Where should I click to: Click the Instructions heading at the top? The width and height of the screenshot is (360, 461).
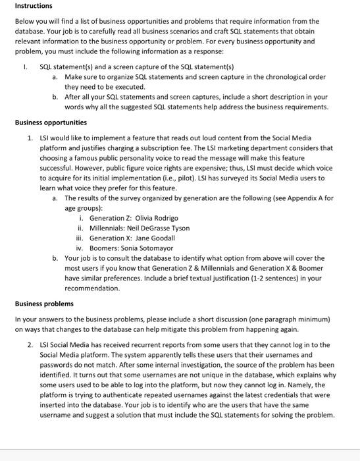pyautogui.click(x=34, y=6)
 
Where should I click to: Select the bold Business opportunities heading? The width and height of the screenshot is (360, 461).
pyautogui.click(x=51, y=122)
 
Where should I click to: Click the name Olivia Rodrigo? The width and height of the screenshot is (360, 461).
pyautogui.click(x=157, y=218)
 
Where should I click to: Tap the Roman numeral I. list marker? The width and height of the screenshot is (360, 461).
pyautogui.click(x=22, y=67)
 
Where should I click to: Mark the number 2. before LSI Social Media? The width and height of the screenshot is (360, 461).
pyautogui.click(x=30, y=344)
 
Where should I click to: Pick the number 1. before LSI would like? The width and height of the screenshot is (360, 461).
pyautogui.click(x=30, y=138)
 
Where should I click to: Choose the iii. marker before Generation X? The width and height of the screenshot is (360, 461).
pyautogui.click(x=81, y=238)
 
